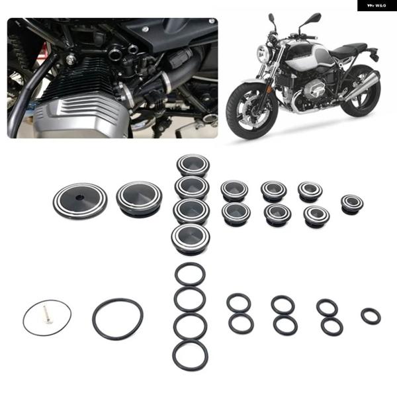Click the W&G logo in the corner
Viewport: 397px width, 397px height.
click(x=376, y=7)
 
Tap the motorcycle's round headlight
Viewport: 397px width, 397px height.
click(x=263, y=54)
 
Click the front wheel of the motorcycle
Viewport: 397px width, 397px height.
click(x=251, y=110)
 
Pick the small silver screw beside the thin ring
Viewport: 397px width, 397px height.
click(x=46, y=316)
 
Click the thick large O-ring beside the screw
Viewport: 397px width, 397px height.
click(x=118, y=318)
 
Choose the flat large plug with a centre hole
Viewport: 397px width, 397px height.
click(x=79, y=197)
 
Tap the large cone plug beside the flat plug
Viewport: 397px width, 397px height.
click(x=139, y=198)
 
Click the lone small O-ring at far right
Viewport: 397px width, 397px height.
click(x=371, y=316)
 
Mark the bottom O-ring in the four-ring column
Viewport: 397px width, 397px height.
click(x=191, y=355)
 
